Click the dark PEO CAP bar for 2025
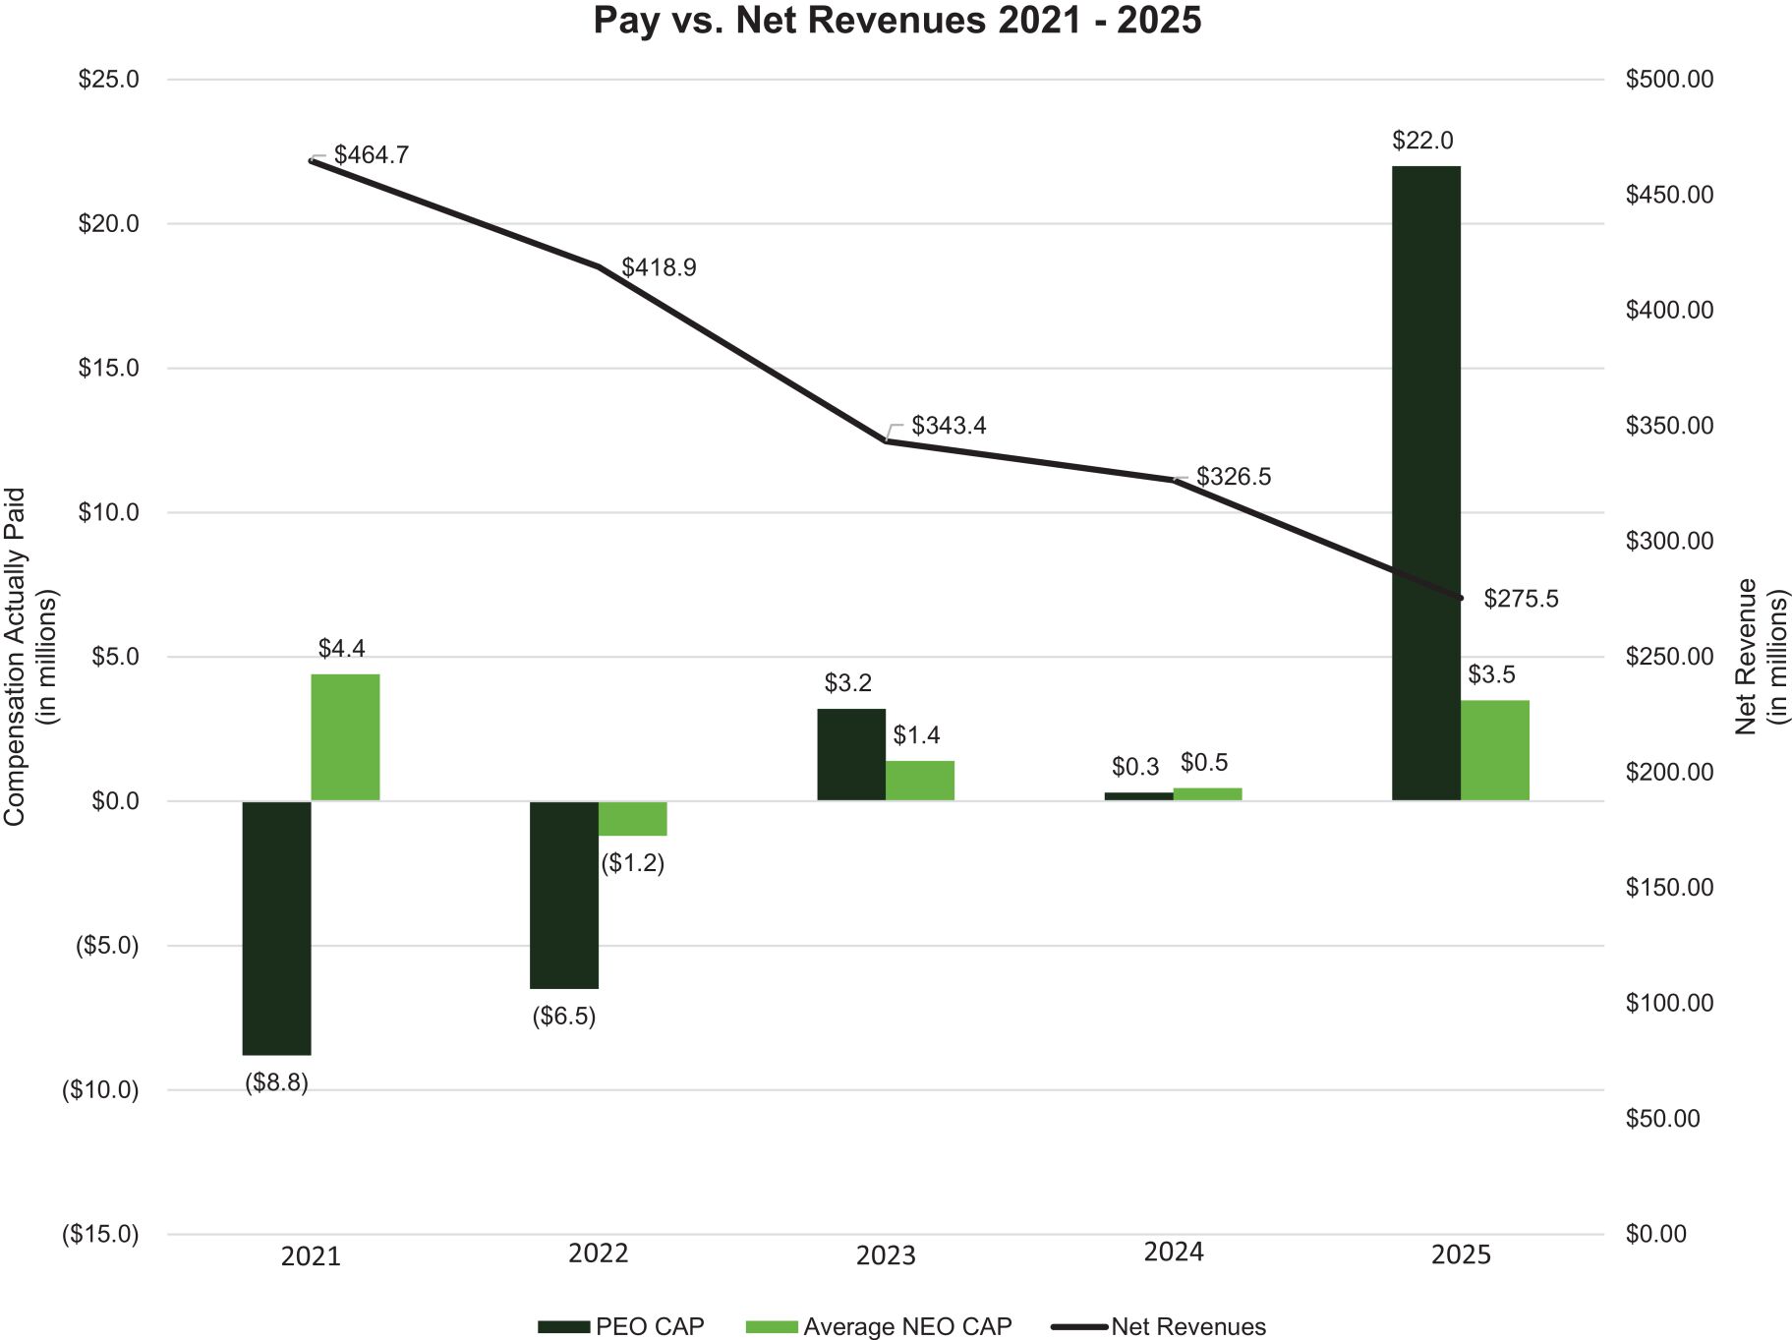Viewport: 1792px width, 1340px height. point(1425,482)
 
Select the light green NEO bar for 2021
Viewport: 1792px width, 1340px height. point(345,736)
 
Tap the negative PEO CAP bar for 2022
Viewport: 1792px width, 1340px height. point(563,895)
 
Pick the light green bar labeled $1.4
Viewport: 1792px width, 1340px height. point(919,781)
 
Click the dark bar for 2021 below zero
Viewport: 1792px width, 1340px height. point(276,927)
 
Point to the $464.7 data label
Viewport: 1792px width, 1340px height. point(371,155)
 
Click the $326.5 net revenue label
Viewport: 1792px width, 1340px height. point(1233,477)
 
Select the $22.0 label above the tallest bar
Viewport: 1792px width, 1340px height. point(1421,141)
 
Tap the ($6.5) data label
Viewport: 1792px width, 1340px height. point(563,1017)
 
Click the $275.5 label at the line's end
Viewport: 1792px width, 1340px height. point(1520,599)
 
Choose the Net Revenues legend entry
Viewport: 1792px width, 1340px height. point(1159,1326)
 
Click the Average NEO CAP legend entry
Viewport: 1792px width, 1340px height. point(879,1326)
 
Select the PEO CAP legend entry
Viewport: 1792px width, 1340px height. point(621,1326)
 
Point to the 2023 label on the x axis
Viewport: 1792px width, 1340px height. point(885,1255)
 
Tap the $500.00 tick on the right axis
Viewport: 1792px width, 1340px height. point(1668,80)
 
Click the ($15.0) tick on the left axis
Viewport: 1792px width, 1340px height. point(101,1234)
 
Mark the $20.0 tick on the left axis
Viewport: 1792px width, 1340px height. point(108,224)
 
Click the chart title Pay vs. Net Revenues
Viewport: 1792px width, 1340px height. point(896,21)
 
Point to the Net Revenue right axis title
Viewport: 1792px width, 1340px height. point(1761,656)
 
